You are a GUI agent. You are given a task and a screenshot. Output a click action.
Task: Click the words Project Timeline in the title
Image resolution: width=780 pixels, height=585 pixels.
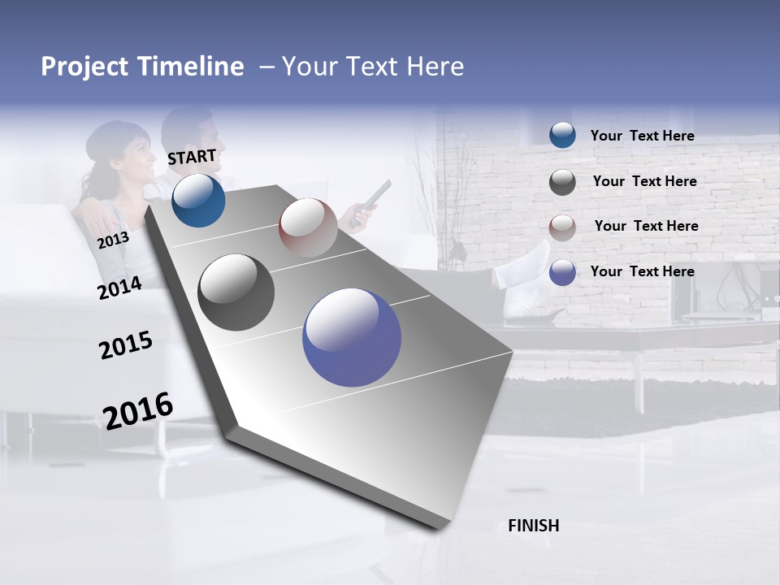(142, 67)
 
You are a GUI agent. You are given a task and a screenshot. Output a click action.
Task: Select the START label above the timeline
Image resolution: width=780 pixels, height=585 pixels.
(192, 157)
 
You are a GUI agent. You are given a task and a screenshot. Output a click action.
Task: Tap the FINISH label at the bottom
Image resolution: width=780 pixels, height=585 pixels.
(533, 526)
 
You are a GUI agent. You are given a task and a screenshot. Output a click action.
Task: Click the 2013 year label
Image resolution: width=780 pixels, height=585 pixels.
(113, 240)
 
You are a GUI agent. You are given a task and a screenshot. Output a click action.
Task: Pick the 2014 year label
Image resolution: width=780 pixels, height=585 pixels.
(119, 288)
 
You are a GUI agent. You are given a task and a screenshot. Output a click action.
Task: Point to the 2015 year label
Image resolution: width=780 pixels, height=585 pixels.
(126, 345)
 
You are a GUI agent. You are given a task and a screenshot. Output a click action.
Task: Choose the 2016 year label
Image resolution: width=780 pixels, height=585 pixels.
(138, 410)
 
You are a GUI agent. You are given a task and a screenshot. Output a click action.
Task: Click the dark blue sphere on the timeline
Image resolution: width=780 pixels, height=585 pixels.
(198, 200)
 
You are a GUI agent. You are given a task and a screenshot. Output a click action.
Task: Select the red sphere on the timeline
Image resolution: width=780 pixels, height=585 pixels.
(308, 227)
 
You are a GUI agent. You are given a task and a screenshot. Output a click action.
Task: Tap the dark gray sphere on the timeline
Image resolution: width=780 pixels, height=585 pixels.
(236, 292)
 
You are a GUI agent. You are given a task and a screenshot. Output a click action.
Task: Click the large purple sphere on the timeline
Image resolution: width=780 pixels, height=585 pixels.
(352, 337)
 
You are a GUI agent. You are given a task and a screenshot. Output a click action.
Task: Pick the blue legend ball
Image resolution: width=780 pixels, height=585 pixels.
(562, 136)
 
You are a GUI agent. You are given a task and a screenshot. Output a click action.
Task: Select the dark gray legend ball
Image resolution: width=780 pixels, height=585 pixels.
(562, 182)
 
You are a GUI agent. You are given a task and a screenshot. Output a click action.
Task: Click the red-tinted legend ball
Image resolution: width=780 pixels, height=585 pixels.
(562, 227)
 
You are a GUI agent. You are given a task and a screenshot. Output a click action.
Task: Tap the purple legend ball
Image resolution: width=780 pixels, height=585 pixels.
(562, 272)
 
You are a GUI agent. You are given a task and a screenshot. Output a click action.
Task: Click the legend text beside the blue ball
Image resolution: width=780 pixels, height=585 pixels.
(642, 136)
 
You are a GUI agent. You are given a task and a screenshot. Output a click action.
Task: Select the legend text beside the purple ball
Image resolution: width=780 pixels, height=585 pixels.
(642, 271)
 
